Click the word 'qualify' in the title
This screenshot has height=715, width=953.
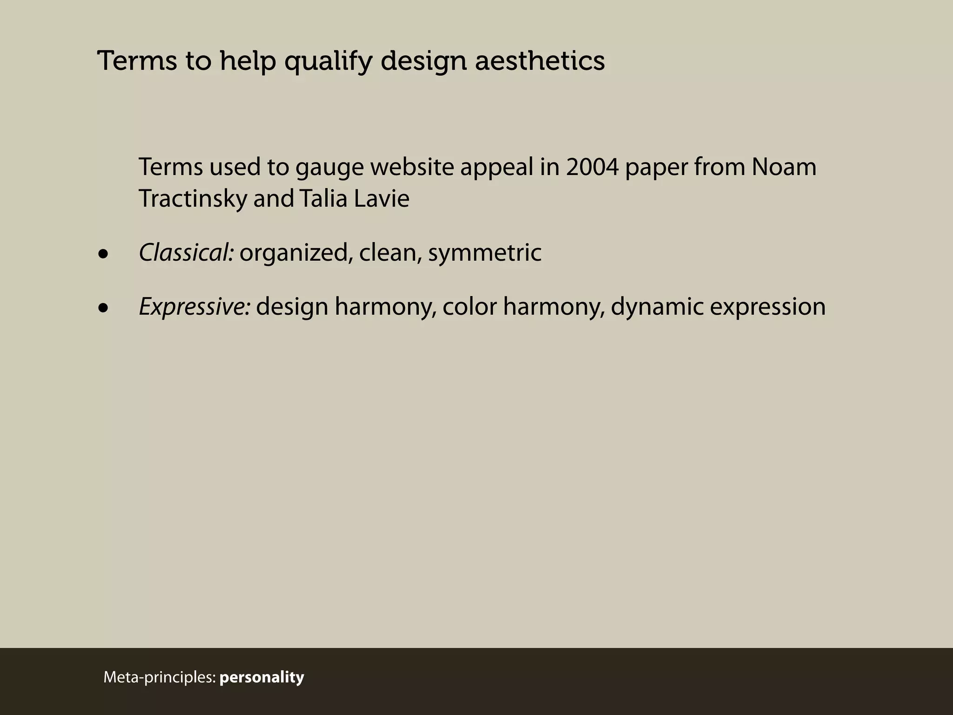pos(328,61)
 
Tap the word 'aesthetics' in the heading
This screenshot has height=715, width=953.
pos(540,61)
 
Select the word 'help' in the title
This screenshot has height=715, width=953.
pos(247,61)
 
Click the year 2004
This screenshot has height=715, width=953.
pos(592,167)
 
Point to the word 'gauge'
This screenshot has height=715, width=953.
pos(329,168)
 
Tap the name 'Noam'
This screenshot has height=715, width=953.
pos(784,167)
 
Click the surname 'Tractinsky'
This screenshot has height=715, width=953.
pos(193,199)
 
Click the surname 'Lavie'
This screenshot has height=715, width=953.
pos(382,199)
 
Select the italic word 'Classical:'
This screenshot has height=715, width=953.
pos(186,253)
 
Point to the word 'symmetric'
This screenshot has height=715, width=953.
pos(484,254)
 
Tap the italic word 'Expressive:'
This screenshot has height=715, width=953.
pos(195,307)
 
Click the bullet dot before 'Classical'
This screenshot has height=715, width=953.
pos(103,254)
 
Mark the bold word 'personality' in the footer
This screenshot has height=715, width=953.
pos(262,677)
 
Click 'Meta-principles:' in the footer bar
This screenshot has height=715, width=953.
pos(160,677)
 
